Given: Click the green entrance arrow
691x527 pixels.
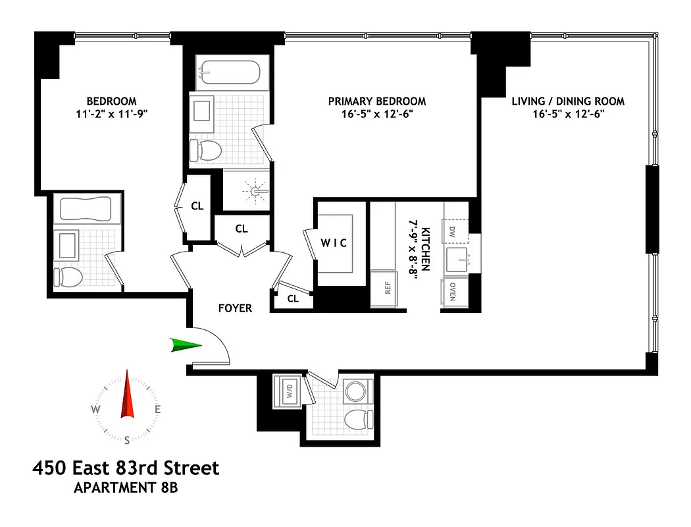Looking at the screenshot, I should [x=185, y=345].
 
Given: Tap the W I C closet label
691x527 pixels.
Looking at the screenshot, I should [x=334, y=243].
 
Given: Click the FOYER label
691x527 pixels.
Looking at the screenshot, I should [x=235, y=308].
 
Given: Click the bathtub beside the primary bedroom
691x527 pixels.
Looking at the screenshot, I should [x=229, y=72].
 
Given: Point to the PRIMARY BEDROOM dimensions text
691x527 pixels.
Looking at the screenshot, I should [x=376, y=113].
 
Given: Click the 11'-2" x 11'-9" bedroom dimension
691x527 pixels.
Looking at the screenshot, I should [x=112, y=113].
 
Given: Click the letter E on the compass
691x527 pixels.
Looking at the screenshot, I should [x=158, y=409].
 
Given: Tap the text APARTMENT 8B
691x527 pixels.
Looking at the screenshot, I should [x=125, y=488].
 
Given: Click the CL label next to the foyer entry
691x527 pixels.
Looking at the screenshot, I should [x=293, y=298].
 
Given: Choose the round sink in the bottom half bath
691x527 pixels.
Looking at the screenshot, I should [x=356, y=390].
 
